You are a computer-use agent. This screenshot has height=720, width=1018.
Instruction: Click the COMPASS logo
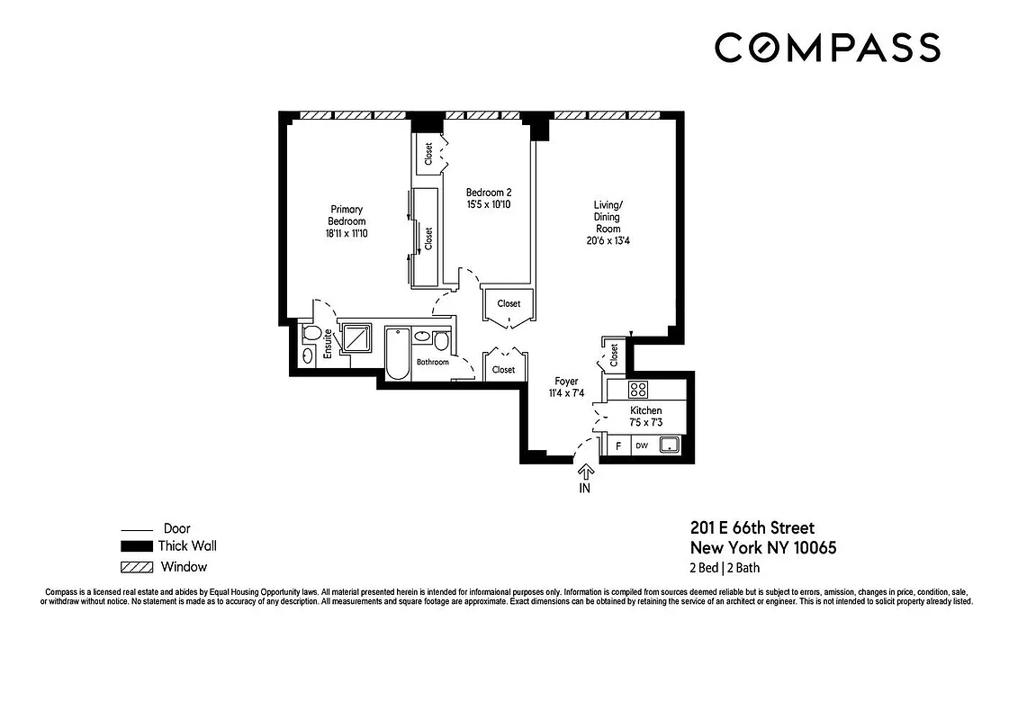coord(827,48)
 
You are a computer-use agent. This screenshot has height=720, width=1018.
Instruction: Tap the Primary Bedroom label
coord(347,221)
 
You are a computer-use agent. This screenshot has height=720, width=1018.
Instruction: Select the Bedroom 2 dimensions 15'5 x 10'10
coord(489,205)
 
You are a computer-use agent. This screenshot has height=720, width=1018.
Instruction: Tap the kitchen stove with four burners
coord(638,390)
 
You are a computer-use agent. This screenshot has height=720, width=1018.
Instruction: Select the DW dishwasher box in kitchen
coord(642,445)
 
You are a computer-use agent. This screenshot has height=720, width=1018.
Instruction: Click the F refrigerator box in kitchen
coord(618,445)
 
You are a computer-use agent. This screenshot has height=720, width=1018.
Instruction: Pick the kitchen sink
coord(669,445)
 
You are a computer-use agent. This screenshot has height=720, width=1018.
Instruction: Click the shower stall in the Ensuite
coord(357,338)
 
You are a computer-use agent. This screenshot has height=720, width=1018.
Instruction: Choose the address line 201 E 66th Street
coord(752,528)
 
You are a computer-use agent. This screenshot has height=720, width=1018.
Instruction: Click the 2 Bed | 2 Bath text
coord(725,568)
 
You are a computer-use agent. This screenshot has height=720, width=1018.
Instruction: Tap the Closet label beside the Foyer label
coord(503,370)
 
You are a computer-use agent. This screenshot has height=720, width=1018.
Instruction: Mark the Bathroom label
coord(432,363)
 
